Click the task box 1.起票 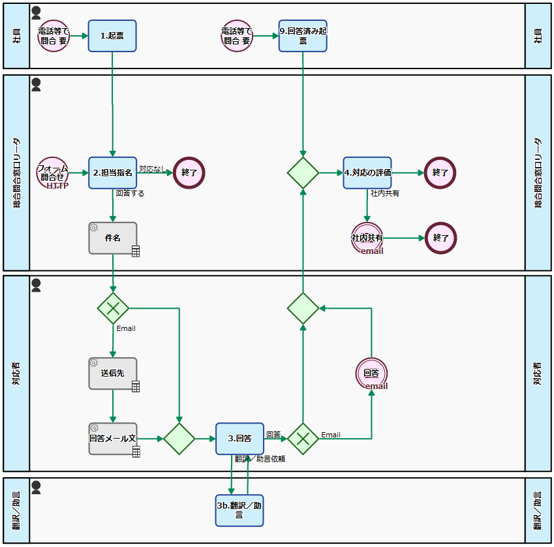[112, 36]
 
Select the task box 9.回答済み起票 [303, 36]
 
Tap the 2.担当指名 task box [113, 173]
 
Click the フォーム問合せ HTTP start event [53, 173]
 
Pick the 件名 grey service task [113, 238]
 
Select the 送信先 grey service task [113, 373]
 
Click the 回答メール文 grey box [113, 439]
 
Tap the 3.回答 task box [239, 439]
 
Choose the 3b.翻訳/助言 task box [239, 510]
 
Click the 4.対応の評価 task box [367, 173]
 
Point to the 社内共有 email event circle [367, 238]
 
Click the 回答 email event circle [372, 374]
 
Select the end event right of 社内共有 [440, 238]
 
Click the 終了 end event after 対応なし [189, 173]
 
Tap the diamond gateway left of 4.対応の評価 [303, 173]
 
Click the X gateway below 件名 [113, 307]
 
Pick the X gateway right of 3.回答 [303, 439]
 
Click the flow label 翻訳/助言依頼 [260, 459]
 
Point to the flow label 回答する [130, 193]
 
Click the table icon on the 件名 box [136, 251]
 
